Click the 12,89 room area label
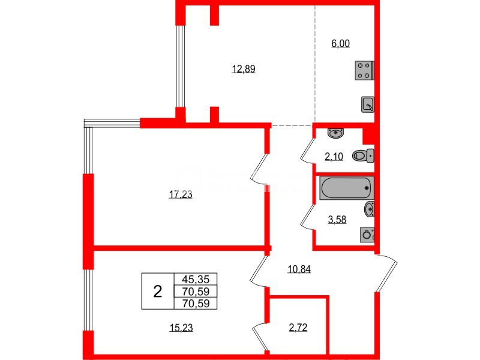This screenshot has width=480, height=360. [244, 69]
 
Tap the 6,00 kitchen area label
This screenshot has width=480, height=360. [340, 43]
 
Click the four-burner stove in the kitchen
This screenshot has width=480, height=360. [364, 70]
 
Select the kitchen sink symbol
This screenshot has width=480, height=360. [368, 104]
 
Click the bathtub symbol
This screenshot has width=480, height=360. [347, 188]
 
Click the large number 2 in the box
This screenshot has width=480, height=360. [157, 292]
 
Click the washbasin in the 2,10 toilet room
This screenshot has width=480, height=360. [334, 133]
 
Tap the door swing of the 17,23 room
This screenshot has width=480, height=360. [260, 169]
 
